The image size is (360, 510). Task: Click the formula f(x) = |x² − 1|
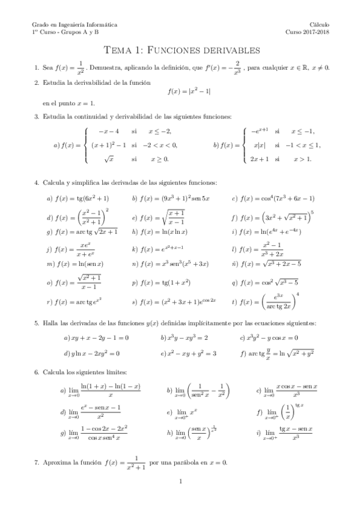point(189,91)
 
